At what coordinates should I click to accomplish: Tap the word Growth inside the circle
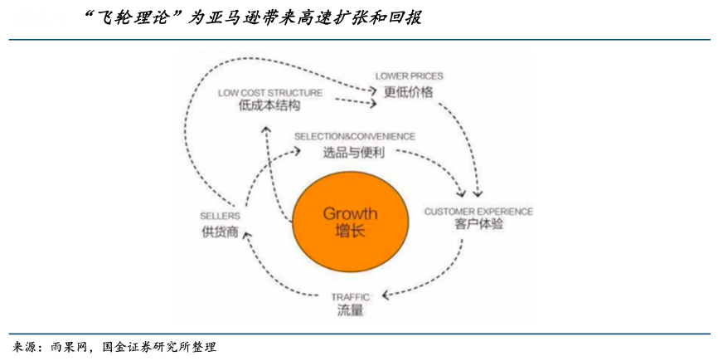coord(350,213)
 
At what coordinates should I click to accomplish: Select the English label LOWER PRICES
coord(409,76)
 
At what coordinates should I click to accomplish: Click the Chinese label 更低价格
coord(408,91)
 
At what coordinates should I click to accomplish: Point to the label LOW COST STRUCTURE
coord(269,93)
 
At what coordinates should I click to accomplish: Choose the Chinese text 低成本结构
coord(269,107)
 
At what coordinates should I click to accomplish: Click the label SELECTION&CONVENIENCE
coord(355,136)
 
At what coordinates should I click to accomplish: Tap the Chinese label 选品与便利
coord(354,152)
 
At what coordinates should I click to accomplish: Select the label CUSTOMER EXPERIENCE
coord(478,212)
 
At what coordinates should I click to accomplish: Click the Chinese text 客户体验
coord(478,226)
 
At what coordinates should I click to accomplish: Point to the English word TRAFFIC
coord(350,296)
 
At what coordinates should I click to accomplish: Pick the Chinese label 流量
coord(350,311)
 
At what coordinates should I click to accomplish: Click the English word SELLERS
coord(220,216)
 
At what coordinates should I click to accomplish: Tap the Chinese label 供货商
coord(220,232)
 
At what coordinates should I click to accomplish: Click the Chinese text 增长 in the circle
coord(350,232)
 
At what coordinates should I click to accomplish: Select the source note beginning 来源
coord(115,346)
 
